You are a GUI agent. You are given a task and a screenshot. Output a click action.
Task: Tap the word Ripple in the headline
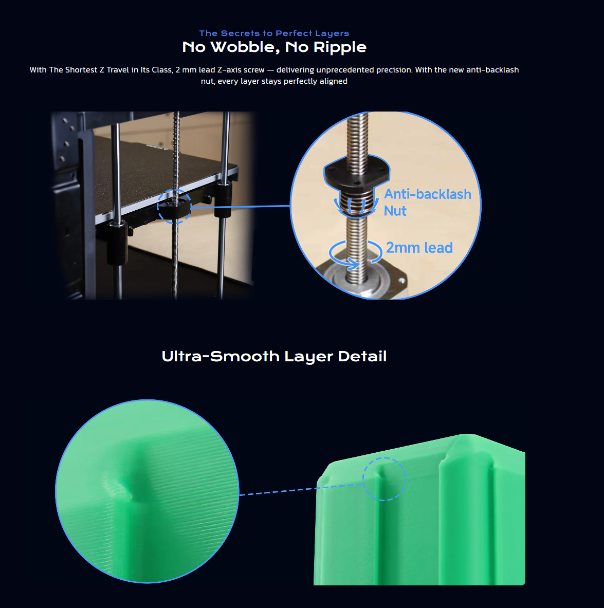[x=339, y=47]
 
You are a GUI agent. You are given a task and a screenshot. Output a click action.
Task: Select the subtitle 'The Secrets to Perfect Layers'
[x=274, y=33]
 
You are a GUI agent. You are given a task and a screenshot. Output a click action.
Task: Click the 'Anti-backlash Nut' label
[x=428, y=202]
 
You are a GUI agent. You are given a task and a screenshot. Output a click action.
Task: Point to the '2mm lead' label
[x=419, y=248]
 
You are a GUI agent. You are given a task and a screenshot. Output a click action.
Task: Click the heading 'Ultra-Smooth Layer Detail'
[x=274, y=356]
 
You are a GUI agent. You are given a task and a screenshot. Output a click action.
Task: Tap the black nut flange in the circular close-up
[x=357, y=171]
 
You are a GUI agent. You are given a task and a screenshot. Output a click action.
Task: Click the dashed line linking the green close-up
[x=301, y=490]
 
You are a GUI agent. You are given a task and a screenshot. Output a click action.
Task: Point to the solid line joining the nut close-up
[x=241, y=207]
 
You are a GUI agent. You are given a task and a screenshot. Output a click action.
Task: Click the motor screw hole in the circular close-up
[x=402, y=280]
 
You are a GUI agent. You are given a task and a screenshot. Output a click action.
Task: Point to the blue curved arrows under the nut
[x=357, y=206]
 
